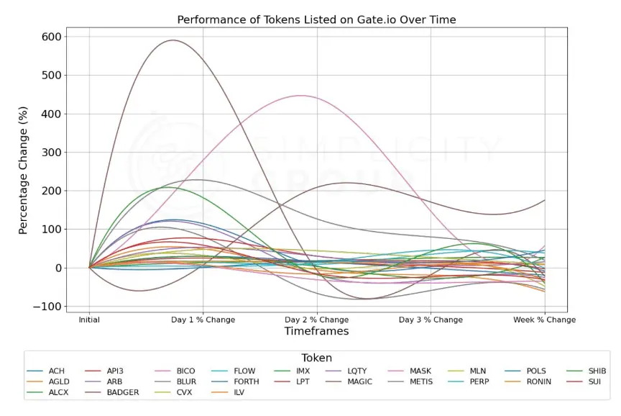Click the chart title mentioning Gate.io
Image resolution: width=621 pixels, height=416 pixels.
coord(316,19)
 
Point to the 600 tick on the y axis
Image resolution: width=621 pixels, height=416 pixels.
coord(52,37)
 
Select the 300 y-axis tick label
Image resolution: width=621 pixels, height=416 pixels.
coord(52,153)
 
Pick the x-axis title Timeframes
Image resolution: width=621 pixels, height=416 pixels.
coord(316,332)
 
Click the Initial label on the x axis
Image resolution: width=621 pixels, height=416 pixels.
coord(89,320)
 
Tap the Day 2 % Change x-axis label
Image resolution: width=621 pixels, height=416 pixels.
coord(316,320)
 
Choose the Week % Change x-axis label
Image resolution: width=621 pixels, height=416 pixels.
coord(544,320)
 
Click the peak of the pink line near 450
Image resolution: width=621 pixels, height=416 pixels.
coord(300,96)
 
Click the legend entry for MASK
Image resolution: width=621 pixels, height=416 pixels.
coord(421,371)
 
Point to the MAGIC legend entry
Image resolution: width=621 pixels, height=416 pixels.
coord(359,382)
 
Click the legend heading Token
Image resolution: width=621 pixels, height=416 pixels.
coord(316,358)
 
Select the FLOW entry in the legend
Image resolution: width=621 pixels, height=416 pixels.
coord(244,371)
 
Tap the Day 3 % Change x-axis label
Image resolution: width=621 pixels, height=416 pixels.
coord(431,320)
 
